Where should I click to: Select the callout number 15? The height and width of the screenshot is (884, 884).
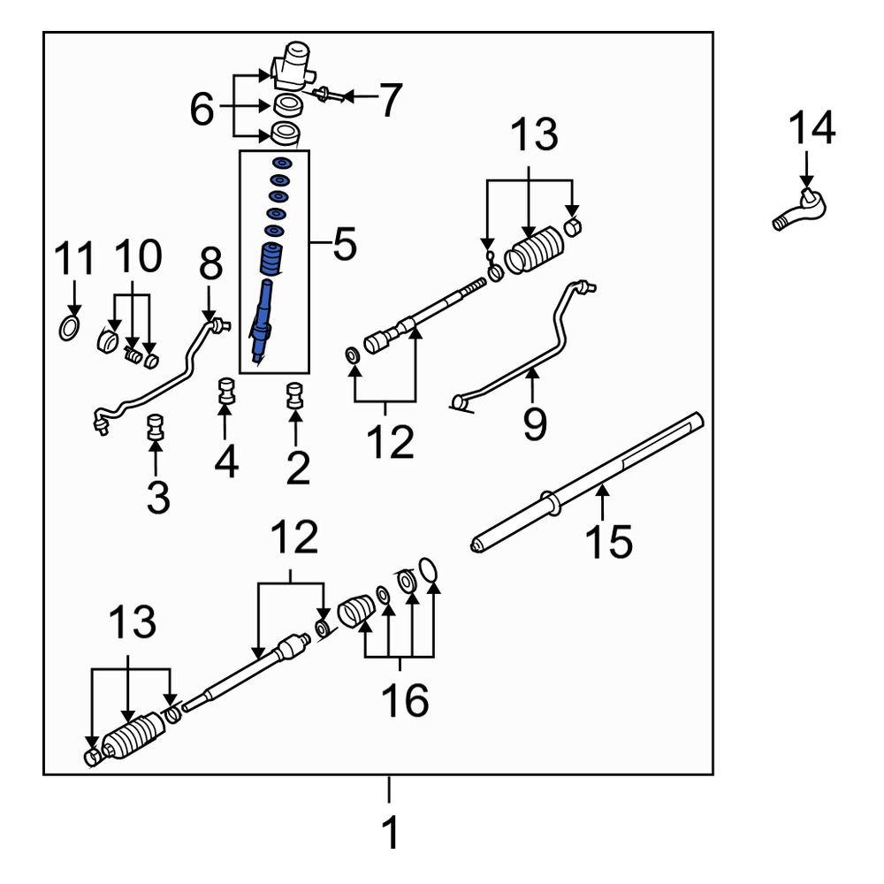pyautogui.click(x=608, y=540)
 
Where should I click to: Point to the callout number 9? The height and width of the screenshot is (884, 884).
pyautogui.click(x=533, y=423)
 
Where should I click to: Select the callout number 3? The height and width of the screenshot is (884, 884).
pyautogui.click(x=157, y=496)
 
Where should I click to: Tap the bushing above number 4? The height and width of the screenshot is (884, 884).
pyautogui.click(x=226, y=392)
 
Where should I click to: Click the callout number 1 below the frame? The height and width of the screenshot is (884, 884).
pyautogui.click(x=388, y=832)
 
